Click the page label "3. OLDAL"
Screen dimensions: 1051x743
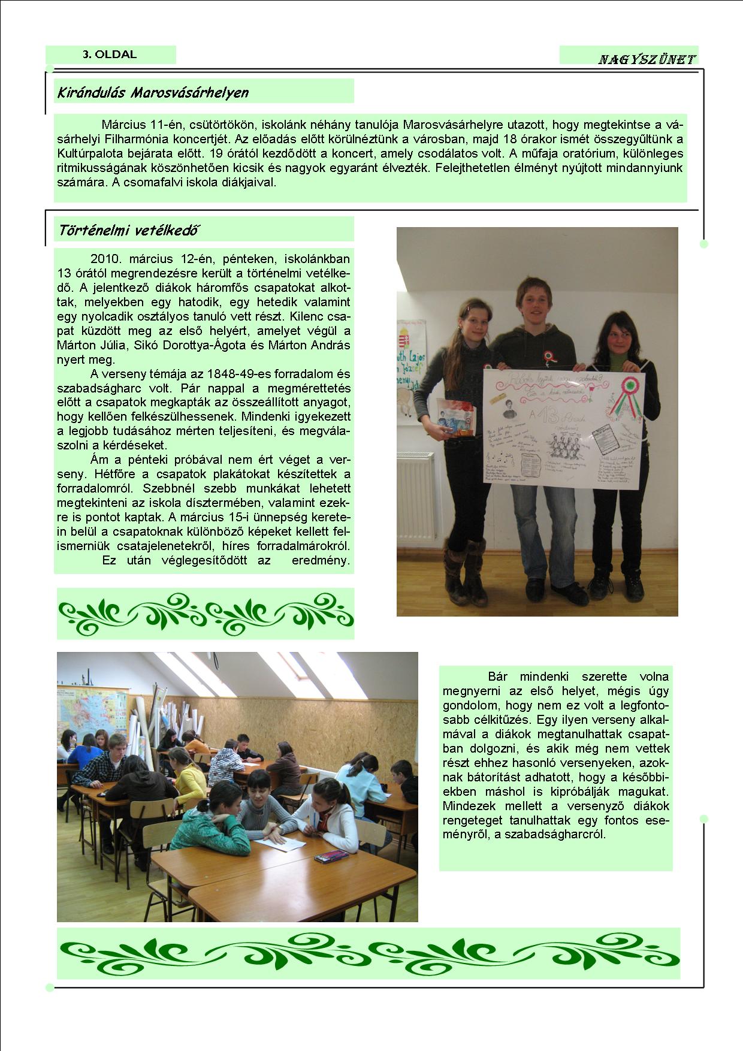coord(110,55)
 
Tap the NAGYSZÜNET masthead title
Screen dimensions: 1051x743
coord(647,59)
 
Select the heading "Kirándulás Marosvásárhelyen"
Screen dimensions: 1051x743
coord(153,92)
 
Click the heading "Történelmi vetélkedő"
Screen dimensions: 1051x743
coord(129,230)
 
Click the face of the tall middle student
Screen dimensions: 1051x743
coord(534,302)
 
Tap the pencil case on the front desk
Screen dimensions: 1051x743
coord(331,857)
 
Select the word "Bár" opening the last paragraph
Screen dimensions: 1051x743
coord(497,676)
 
